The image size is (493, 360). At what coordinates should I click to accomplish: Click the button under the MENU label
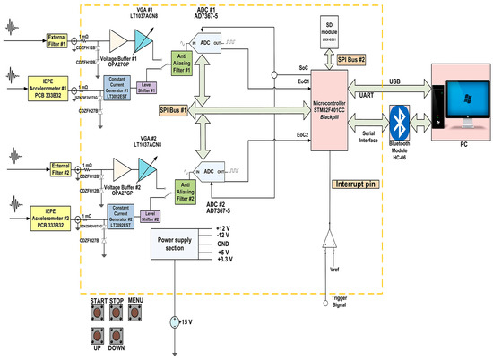point(136,313)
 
